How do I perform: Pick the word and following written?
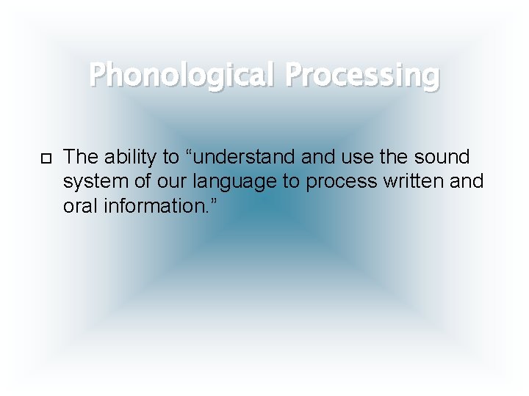point(467,181)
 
